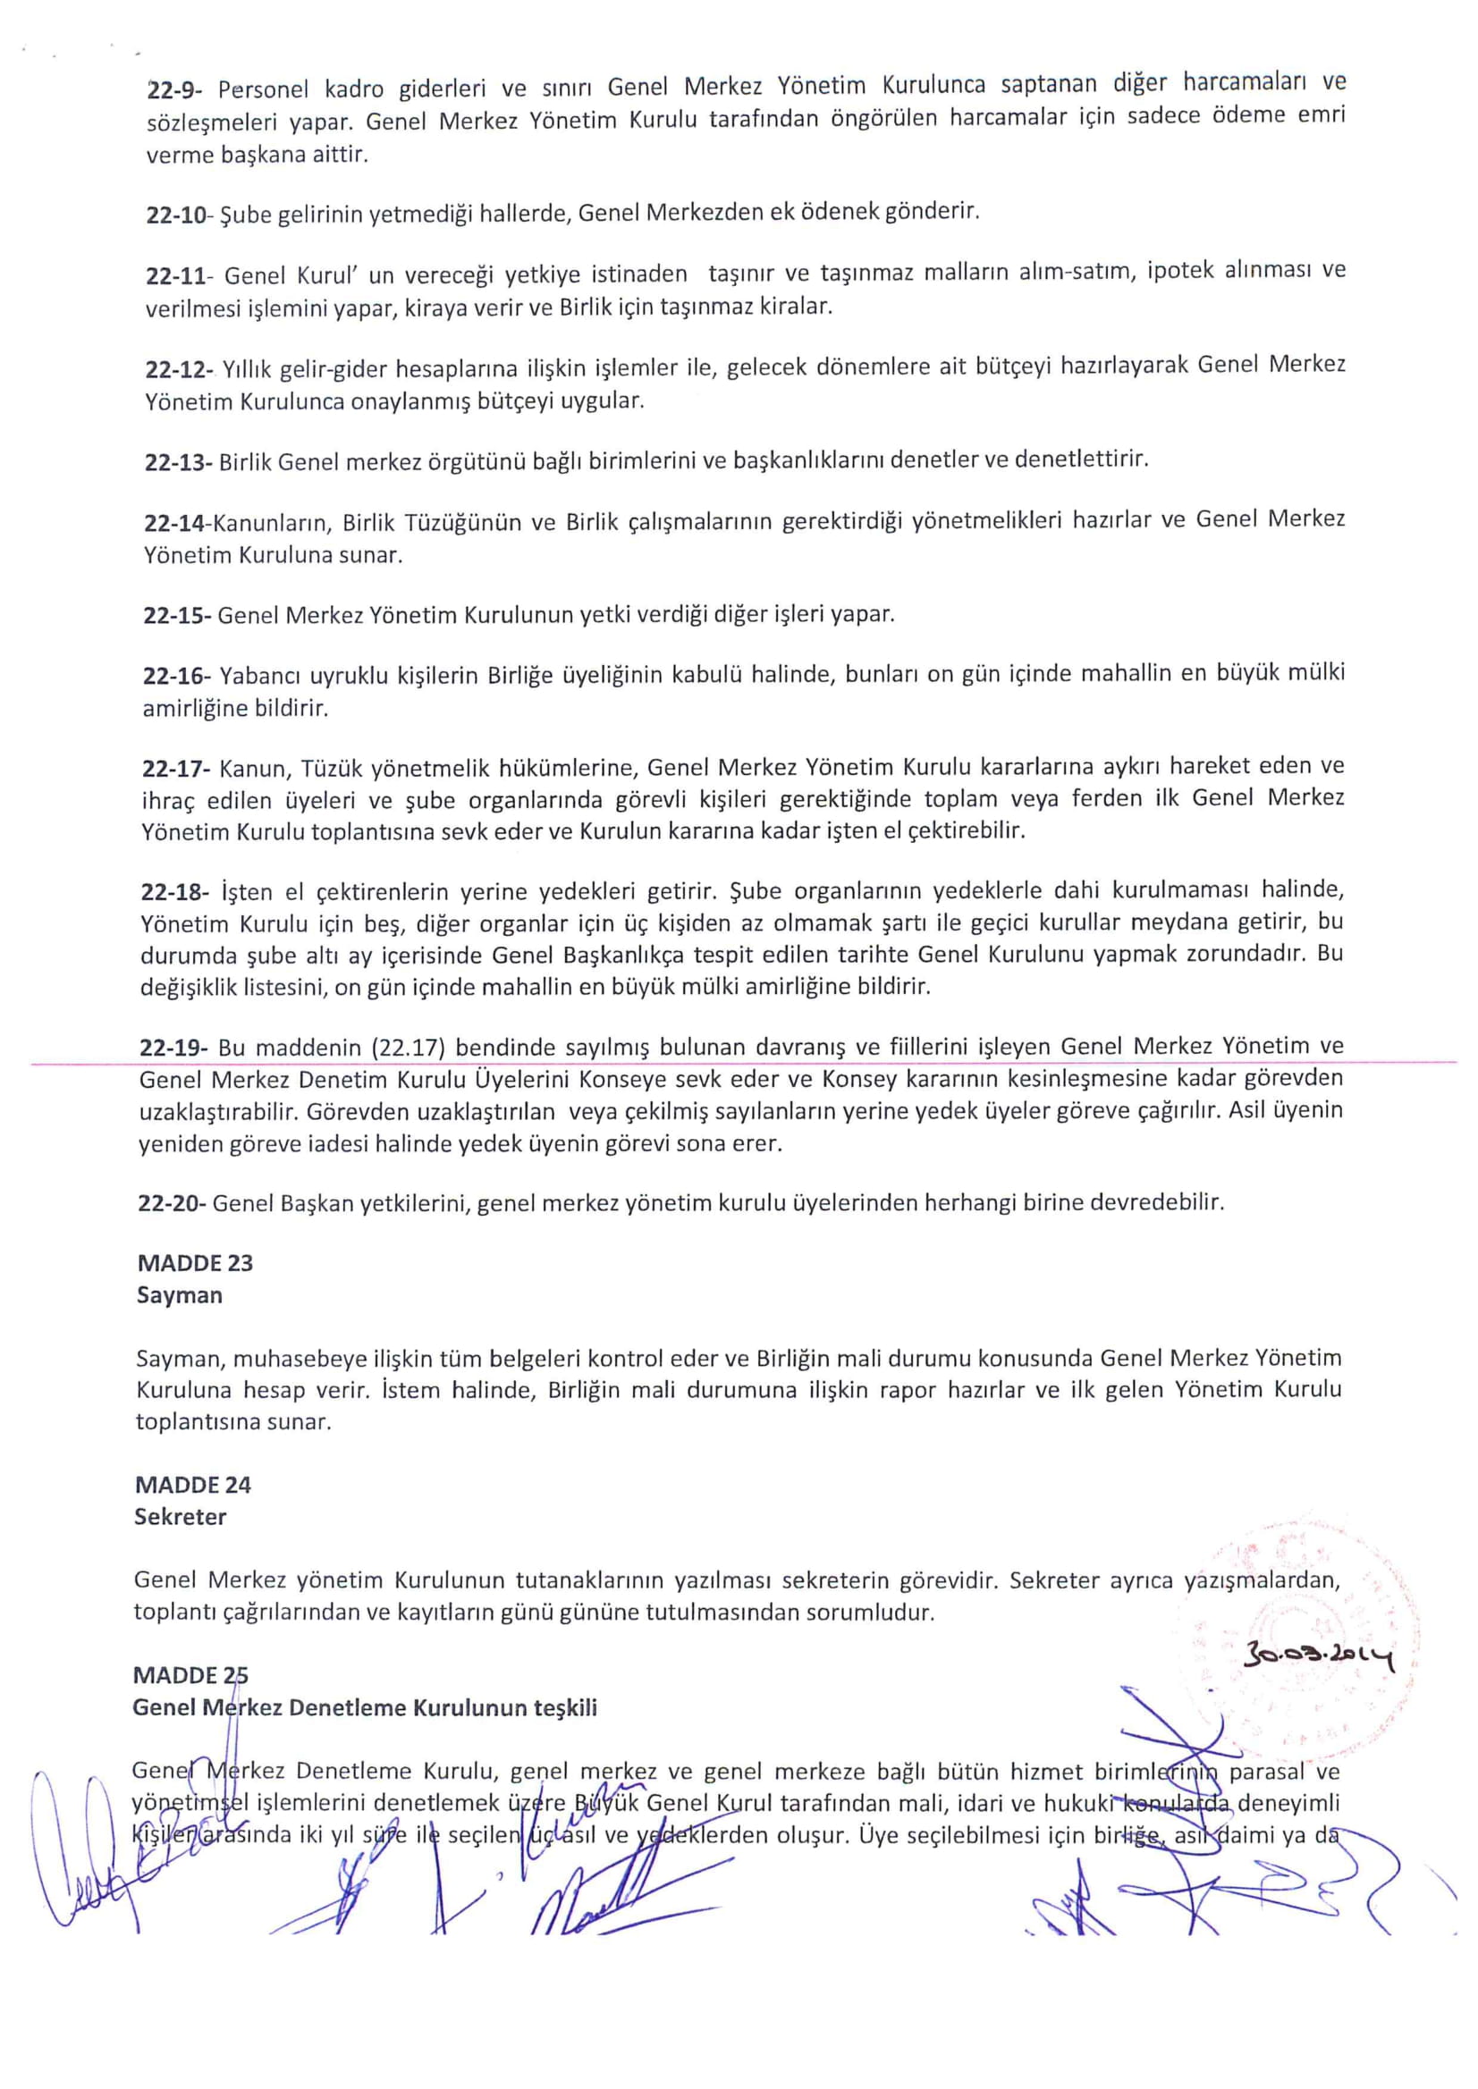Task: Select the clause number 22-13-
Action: (x=179, y=462)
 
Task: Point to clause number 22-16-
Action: (x=176, y=676)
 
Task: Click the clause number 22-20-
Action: (x=172, y=1203)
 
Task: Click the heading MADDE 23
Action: (x=195, y=1263)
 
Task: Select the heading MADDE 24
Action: (x=193, y=1485)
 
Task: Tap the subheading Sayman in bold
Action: (x=180, y=1294)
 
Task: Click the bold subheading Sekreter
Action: (x=181, y=1517)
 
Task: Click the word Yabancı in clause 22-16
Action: (x=260, y=676)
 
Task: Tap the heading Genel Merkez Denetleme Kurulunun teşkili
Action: (x=365, y=1708)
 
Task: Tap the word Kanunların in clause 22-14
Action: (x=275, y=522)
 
